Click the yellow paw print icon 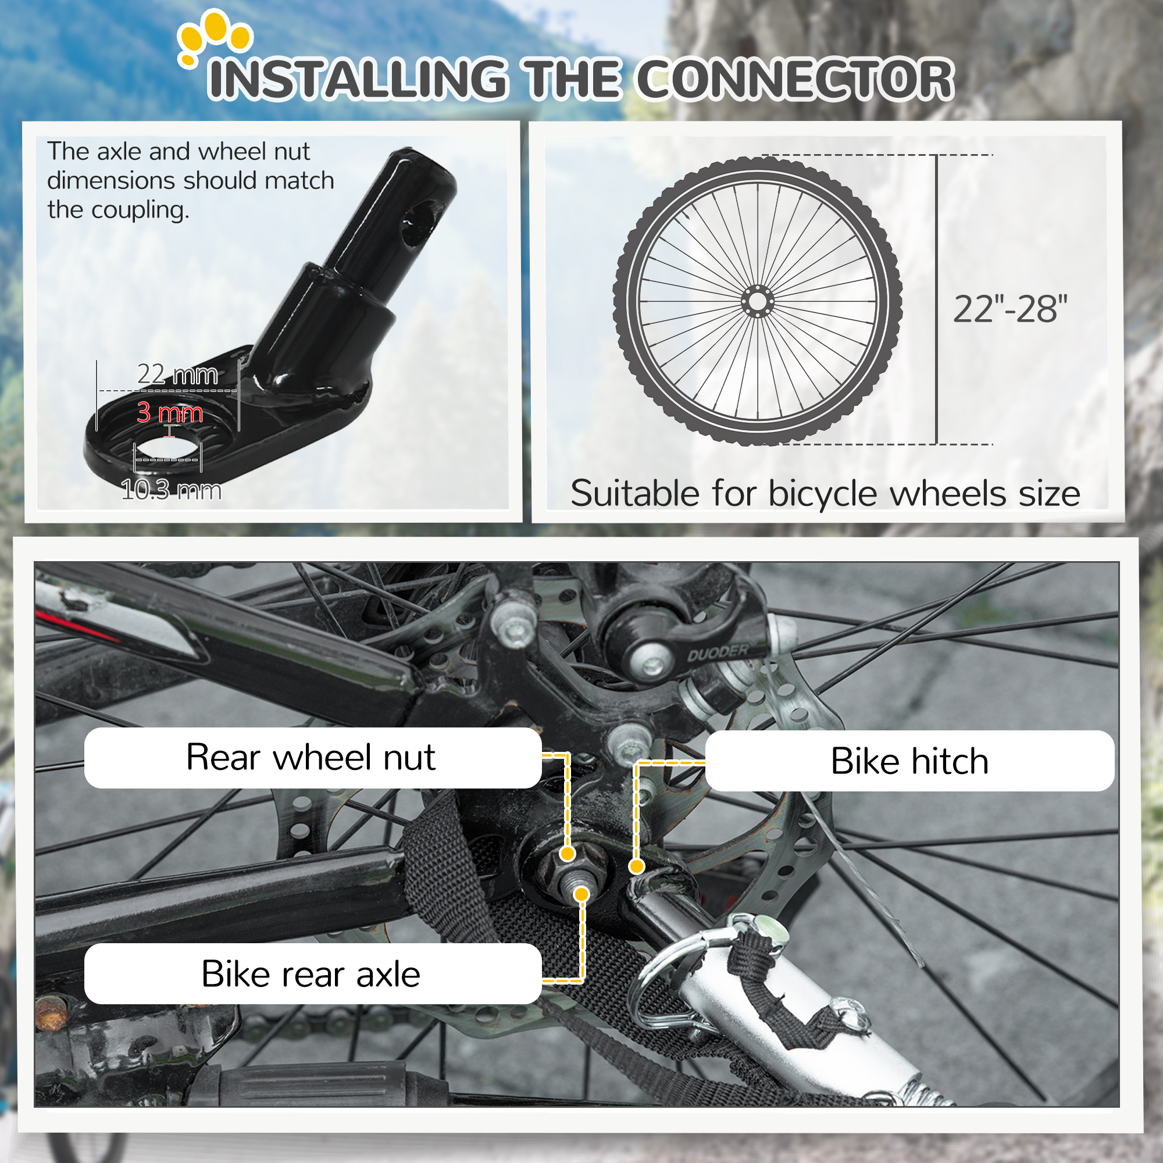[215, 37]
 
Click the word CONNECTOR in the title [794, 80]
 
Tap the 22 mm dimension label [177, 374]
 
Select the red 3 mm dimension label [169, 413]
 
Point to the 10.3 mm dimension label [171, 490]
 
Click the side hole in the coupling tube [418, 223]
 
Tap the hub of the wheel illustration [757, 301]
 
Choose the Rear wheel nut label [311, 757]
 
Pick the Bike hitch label [909, 761]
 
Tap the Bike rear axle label [311, 974]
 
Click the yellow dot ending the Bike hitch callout [636, 866]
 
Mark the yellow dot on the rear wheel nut [567, 854]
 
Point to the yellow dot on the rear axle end [581, 894]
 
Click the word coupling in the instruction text [140, 210]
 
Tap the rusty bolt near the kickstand [51, 1011]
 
